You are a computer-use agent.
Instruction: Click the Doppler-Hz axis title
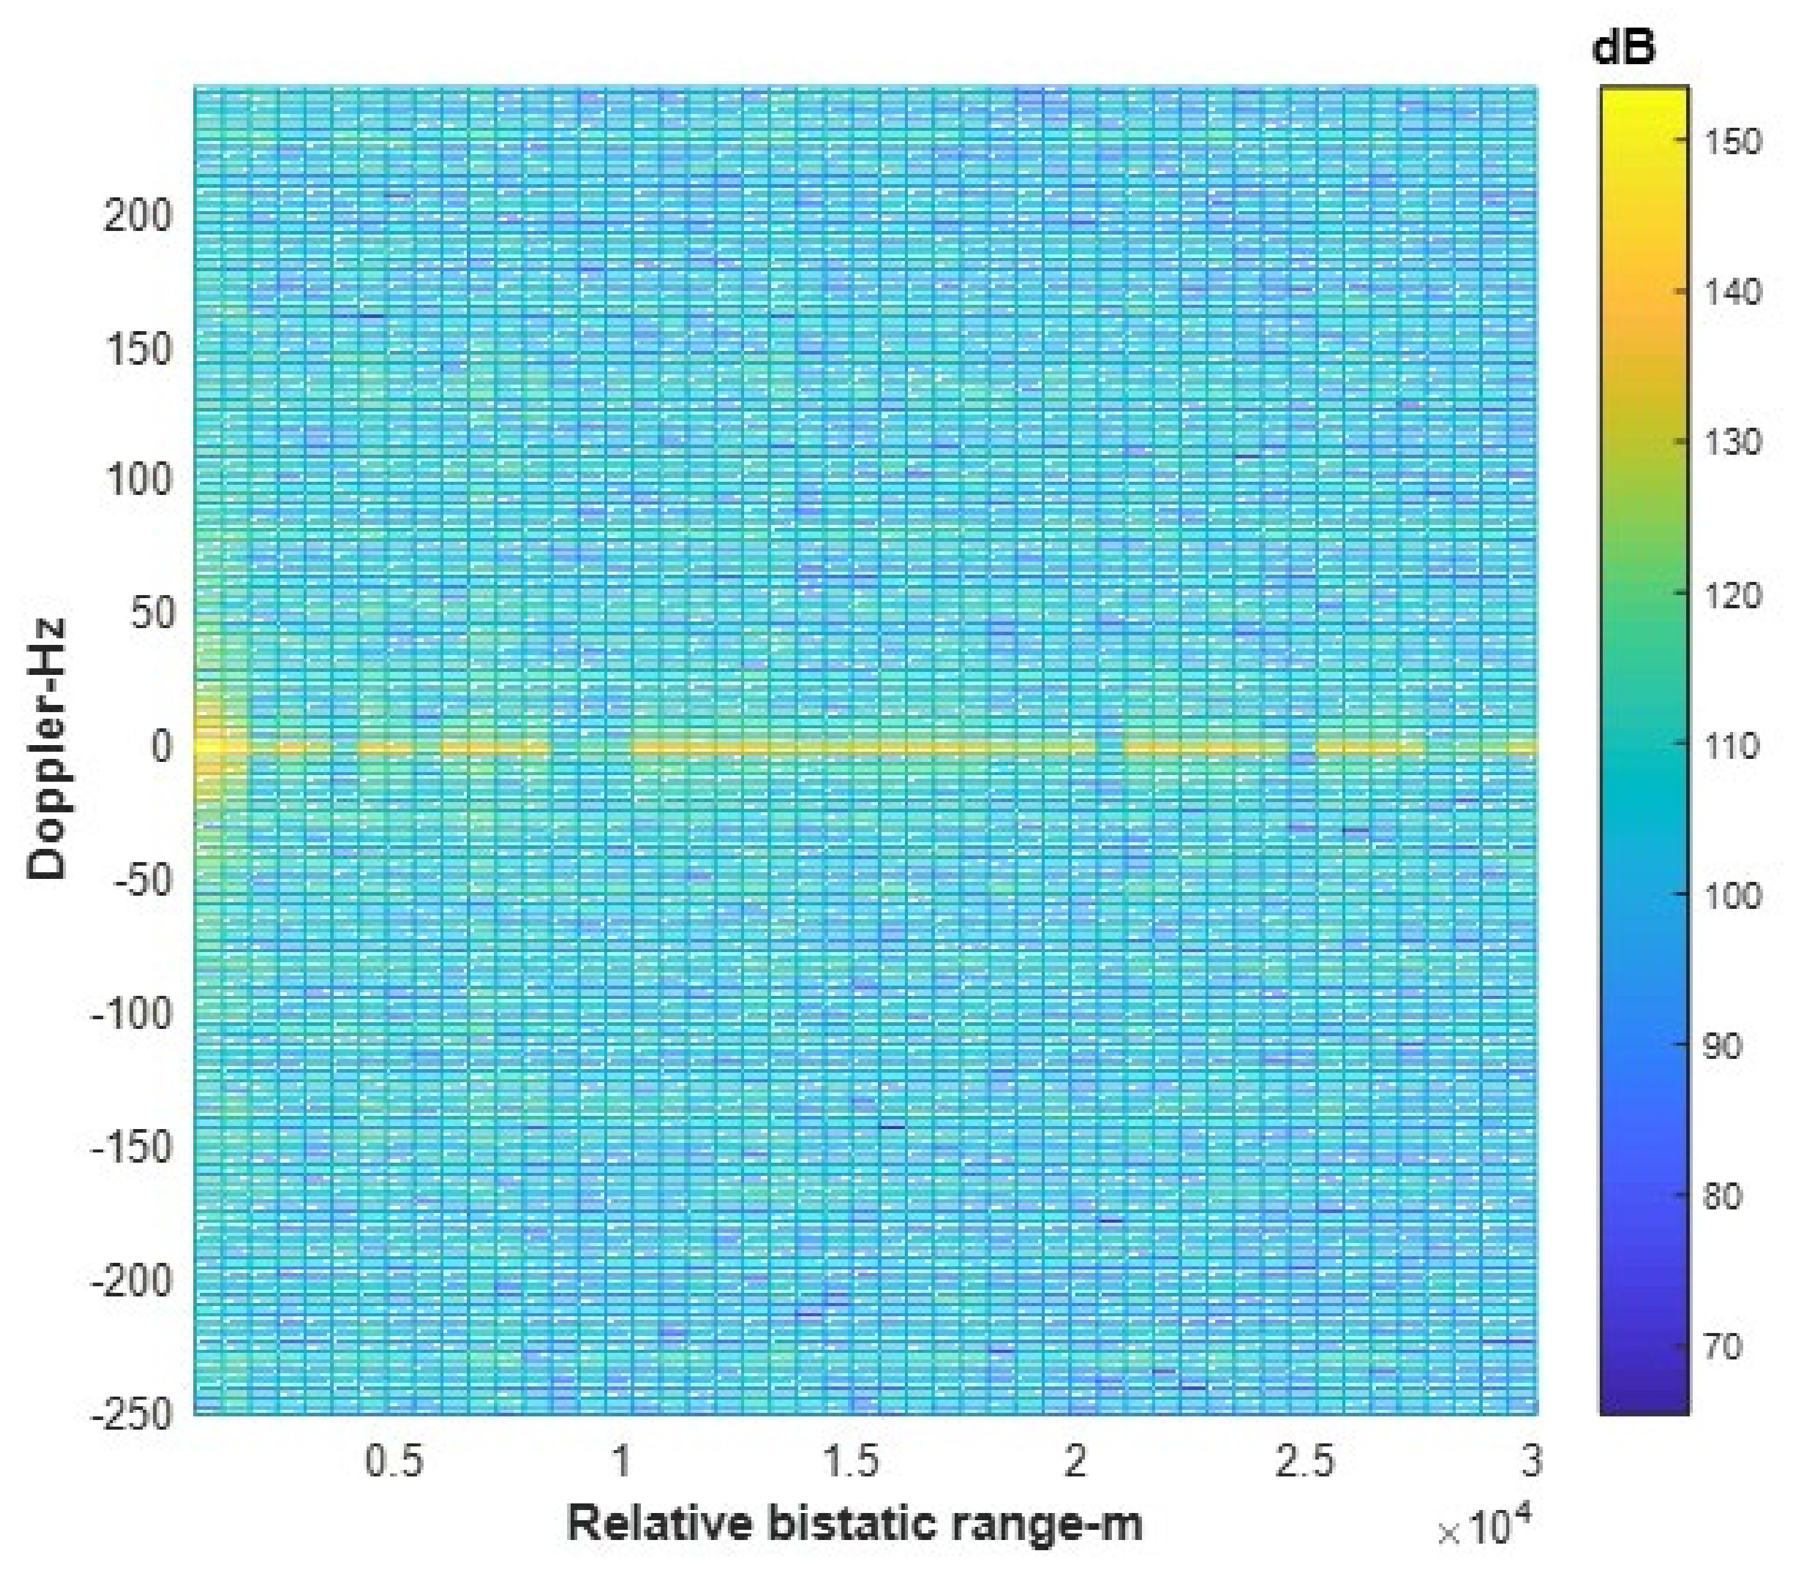point(47,748)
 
